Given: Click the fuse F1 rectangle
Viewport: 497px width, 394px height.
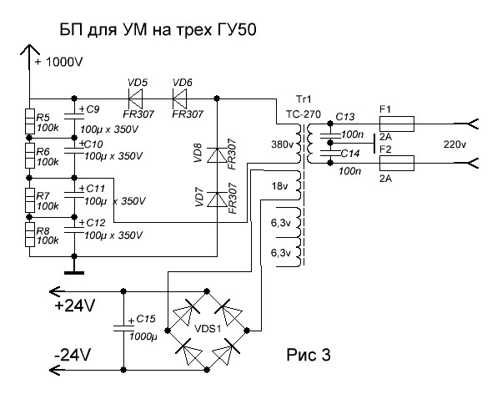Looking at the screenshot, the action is pos(397,124).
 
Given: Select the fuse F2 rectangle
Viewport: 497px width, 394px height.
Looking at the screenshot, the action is pos(397,163).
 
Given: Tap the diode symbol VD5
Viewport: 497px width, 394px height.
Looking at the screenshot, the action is pos(135,98).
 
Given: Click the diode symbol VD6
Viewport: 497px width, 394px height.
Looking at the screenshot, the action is pos(180,98).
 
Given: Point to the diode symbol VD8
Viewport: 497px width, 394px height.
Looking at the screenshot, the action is pos(217,155).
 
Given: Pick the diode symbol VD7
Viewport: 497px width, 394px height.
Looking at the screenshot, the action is pos(217,200).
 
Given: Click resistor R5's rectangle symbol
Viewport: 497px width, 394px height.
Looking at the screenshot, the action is pos(30,121).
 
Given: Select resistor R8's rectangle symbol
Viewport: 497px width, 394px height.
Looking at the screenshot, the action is pos(30,235).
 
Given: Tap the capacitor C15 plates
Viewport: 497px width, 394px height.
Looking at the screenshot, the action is pos(123,328).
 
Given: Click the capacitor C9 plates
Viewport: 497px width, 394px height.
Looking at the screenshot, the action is pos(74,116).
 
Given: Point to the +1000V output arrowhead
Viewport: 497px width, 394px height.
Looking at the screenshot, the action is pos(30,50).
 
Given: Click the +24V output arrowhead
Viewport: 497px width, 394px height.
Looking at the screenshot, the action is pos(55,291).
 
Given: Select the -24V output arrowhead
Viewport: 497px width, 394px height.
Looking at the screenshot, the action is pos(55,370).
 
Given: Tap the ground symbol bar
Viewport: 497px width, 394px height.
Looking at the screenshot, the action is pos(74,272).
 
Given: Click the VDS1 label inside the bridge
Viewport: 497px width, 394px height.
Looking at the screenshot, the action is pos(208,329).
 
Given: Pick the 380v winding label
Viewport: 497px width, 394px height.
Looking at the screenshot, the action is pos(283,144).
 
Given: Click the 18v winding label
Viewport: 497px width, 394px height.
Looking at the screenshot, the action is pos(279,186).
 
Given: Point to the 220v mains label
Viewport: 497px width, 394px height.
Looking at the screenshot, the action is pos(454,144).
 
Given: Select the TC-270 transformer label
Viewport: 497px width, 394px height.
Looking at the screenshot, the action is pos(304,114).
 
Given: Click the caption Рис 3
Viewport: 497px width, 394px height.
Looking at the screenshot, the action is pos(309,355).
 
